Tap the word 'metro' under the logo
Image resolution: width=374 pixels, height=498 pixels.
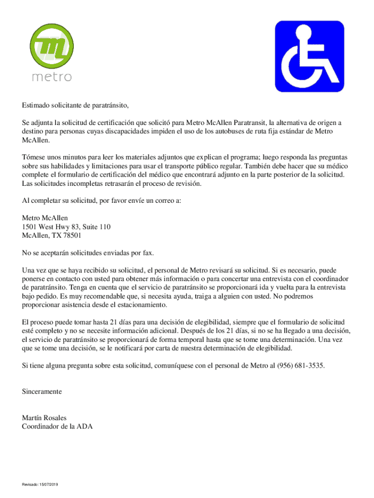(x=51, y=77)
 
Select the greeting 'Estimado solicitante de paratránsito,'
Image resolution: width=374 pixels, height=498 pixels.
(x=75, y=105)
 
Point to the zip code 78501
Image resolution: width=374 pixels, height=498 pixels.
(x=71, y=235)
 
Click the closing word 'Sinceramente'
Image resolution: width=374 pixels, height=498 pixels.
(x=42, y=391)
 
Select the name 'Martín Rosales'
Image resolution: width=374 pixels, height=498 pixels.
(x=44, y=418)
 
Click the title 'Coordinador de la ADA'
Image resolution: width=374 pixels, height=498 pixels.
(x=57, y=427)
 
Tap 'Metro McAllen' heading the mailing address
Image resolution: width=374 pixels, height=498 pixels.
(x=45, y=218)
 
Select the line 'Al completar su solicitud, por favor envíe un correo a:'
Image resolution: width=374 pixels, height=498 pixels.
(x=101, y=200)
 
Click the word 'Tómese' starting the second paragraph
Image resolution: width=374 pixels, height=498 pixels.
(x=34, y=158)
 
